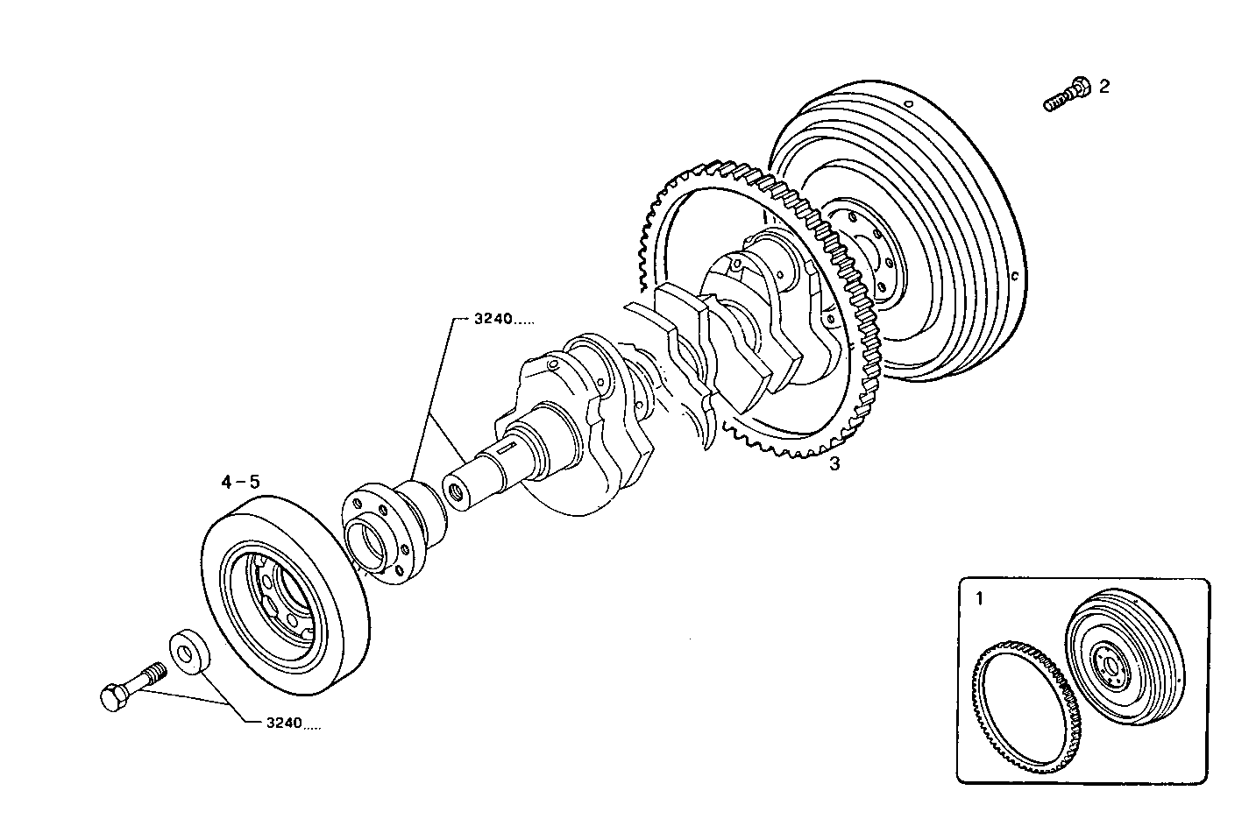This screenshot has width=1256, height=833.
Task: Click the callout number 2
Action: (1103, 86)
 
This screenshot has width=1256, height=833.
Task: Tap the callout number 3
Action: (834, 465)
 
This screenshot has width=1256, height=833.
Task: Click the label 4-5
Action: (240, 482)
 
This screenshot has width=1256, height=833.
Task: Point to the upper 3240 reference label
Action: (503, 320)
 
